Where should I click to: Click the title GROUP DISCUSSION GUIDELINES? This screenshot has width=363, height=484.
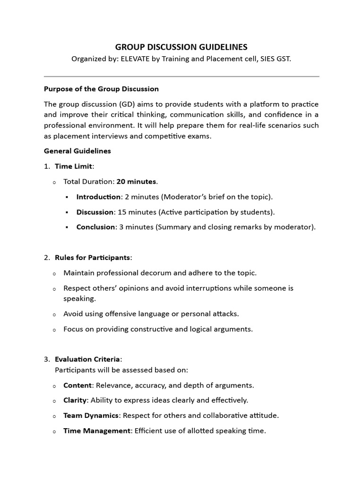click(181, 47)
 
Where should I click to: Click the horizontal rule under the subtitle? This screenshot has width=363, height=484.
click(181, 76)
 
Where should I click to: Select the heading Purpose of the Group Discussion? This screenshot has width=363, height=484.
click(101, 89)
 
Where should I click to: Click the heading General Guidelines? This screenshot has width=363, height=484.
click(77, 151)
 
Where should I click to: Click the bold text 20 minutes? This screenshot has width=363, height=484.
click(137, 181)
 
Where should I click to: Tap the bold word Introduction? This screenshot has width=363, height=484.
click(98, 197)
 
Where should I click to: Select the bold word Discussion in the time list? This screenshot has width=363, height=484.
click(95, 212)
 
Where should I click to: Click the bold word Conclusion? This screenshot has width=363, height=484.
click(96, 227)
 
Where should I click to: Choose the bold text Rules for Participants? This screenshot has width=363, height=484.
click(92, 258)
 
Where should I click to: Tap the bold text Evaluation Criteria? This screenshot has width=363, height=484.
click(87, 360)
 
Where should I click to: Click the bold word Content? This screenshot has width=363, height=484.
click(77, 385)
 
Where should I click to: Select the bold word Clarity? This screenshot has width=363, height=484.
click(75, 400)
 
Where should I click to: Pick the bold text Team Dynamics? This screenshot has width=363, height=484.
click(91, 415)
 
